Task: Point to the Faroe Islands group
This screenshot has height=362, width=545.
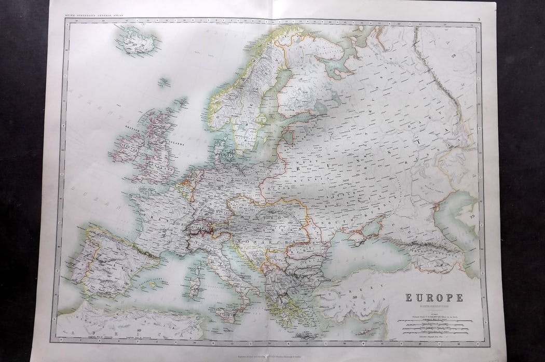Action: [x=164, y=81]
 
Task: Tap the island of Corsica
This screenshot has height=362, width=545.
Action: [x=196, y=267]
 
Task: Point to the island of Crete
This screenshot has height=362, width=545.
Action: [x=306, y=333]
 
